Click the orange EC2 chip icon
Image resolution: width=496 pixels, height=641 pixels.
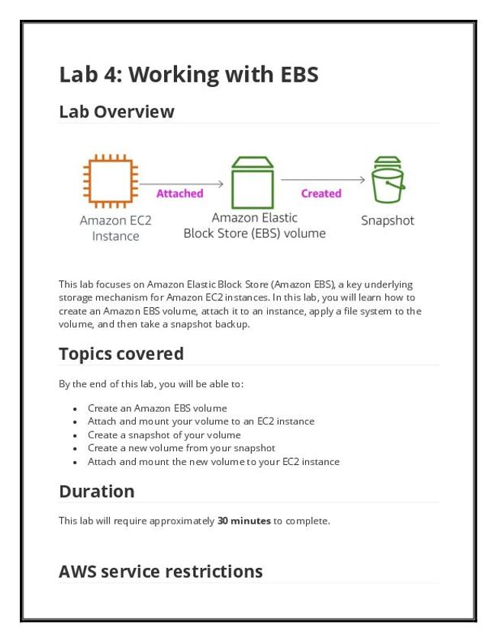[x=110, y=182]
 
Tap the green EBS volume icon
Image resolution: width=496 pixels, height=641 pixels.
[x=252, y=183]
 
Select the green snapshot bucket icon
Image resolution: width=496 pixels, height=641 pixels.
[x=387, y=181]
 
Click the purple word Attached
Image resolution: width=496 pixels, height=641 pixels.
[x=180, y=194]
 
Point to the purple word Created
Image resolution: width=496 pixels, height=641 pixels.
[x=321, y=194]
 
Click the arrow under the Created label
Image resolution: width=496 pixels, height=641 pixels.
[x=323, y=180]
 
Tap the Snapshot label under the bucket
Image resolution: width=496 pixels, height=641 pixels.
[x=387, y=221]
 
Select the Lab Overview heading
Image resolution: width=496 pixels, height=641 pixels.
[x=117, y=112]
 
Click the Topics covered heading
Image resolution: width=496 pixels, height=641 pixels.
[x=121, y=354]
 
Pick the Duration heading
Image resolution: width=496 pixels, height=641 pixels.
[x=96, y=492]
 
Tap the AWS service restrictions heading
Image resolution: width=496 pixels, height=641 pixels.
[x=160, y=572]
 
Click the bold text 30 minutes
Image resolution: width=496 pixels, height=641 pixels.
[x=244, y=521]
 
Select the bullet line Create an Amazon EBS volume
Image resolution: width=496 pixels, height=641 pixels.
[x=157, y=408]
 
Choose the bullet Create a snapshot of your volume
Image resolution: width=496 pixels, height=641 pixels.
[x=164, y=435]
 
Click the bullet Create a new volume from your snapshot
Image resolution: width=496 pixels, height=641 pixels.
[x=182, y=448]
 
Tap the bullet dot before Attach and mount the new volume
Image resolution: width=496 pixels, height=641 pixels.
[x=75, y=463]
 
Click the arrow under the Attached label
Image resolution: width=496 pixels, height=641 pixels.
[x=181, y=184]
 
